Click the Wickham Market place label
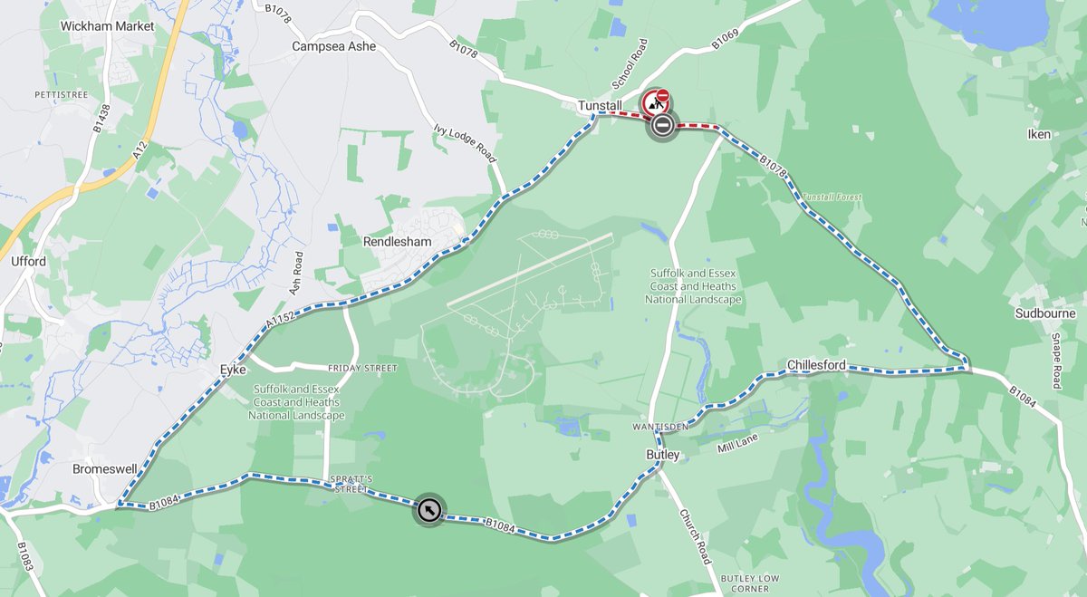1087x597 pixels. click(x=108, y=26)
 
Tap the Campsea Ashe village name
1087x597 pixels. click(x=333, y=46)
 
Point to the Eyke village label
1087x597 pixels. click(x=233, y=370)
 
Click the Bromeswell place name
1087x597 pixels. click(x=105, y=469)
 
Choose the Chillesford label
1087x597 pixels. click(x=816, y=365)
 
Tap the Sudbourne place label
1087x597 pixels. click(x=1045, y=313)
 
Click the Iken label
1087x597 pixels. click(x=1039, y=134)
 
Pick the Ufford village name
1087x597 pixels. click(x=29, y=262)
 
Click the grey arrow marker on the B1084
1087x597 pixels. click(x=429, y=511)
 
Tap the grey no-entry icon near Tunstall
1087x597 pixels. click(x=662, y=125)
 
